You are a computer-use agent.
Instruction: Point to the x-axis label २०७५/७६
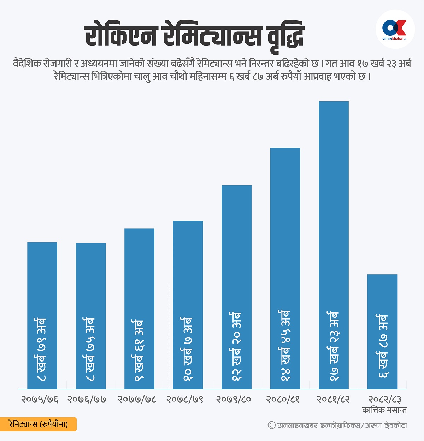coord(40,399)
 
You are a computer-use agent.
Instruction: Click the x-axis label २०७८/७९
coord(185,399)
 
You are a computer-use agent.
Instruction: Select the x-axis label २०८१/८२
coord(333,399)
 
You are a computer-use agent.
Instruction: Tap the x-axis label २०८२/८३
coord(385,399)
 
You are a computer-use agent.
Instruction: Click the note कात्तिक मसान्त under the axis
coord(384,410)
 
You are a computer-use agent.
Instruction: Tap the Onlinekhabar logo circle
coord(395,29)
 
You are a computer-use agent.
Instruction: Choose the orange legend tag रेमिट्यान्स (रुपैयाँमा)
coord(38,424)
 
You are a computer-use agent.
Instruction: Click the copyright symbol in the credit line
coord(272,425)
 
